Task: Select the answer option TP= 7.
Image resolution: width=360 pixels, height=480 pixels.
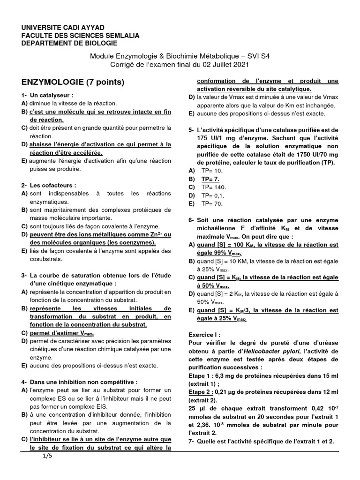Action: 210,179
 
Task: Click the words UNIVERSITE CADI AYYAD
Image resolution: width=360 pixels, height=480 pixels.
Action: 63,28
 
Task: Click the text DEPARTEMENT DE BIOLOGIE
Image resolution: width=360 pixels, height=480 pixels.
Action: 69,43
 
